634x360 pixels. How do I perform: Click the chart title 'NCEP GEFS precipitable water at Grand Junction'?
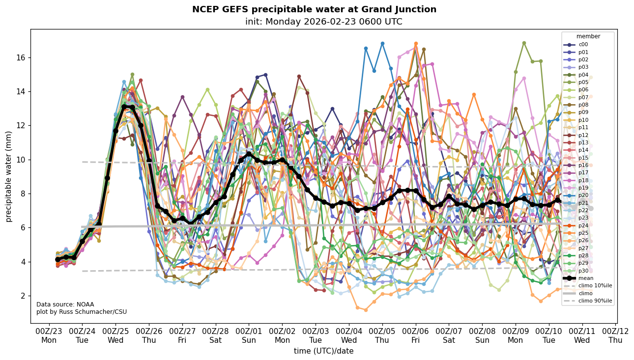coord(314,9)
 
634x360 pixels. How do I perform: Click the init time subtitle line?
coord(323,22)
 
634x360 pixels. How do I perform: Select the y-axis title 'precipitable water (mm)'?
coord(9,176)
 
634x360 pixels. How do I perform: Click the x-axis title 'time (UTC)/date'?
coord(323,351)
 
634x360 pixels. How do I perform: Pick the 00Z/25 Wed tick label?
coord(115,335)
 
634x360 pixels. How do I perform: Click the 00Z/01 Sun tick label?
coord(249,335)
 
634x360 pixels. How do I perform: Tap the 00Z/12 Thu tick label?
coord(615,335)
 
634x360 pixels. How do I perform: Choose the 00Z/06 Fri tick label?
coord(415,335)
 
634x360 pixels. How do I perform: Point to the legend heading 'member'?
coord(588,36)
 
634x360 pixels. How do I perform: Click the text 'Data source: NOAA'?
coord(65,305)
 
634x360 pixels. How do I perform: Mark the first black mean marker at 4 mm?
coord(58,259)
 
